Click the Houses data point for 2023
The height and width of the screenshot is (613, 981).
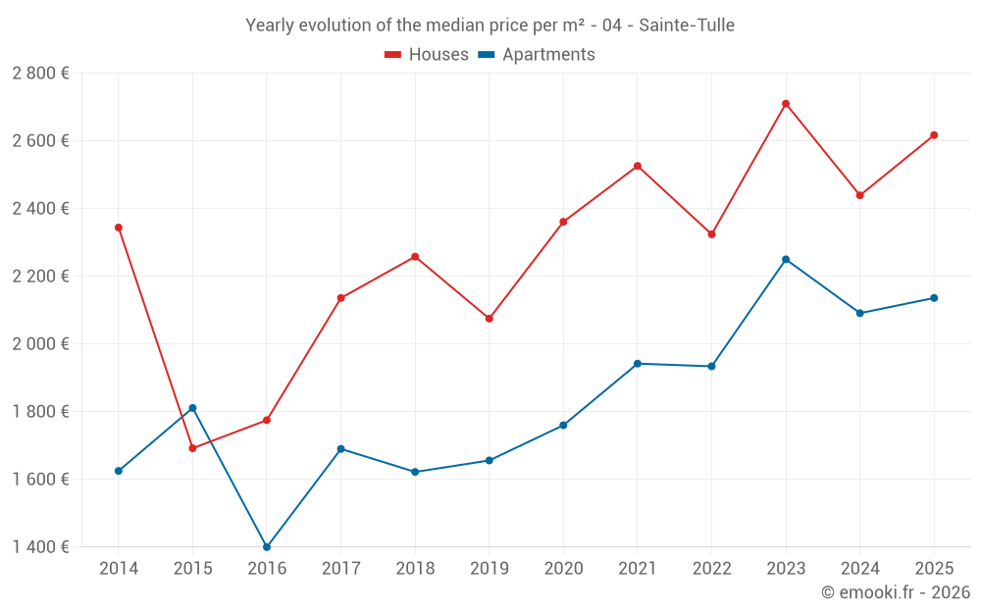point(786,104)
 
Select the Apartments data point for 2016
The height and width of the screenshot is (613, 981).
point(267,546)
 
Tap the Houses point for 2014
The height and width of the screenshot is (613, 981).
point(119,228)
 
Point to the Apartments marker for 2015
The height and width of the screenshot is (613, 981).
point(192,408)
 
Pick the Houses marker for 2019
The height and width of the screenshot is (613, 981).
point(490,319)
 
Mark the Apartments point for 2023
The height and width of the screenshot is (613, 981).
point(786,259)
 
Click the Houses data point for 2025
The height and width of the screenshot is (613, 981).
point(934,135)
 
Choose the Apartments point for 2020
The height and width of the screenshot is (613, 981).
point(563,426)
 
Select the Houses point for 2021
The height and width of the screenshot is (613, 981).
point(638,167)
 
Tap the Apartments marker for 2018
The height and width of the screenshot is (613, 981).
point(415,472)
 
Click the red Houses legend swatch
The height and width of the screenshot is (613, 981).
point(393,55)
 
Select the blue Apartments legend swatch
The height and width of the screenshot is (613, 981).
point(487,55)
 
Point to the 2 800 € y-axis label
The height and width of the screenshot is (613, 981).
point(40,74)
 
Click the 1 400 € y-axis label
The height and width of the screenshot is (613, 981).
point(40,546)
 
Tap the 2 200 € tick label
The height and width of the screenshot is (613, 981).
point(40,276)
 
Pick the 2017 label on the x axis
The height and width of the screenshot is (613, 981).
point(341,568)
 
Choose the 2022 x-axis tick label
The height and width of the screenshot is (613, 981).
point(712,568)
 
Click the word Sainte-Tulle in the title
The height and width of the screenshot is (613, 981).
point(687,26)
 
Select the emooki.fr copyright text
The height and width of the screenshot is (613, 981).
point(896,591)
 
